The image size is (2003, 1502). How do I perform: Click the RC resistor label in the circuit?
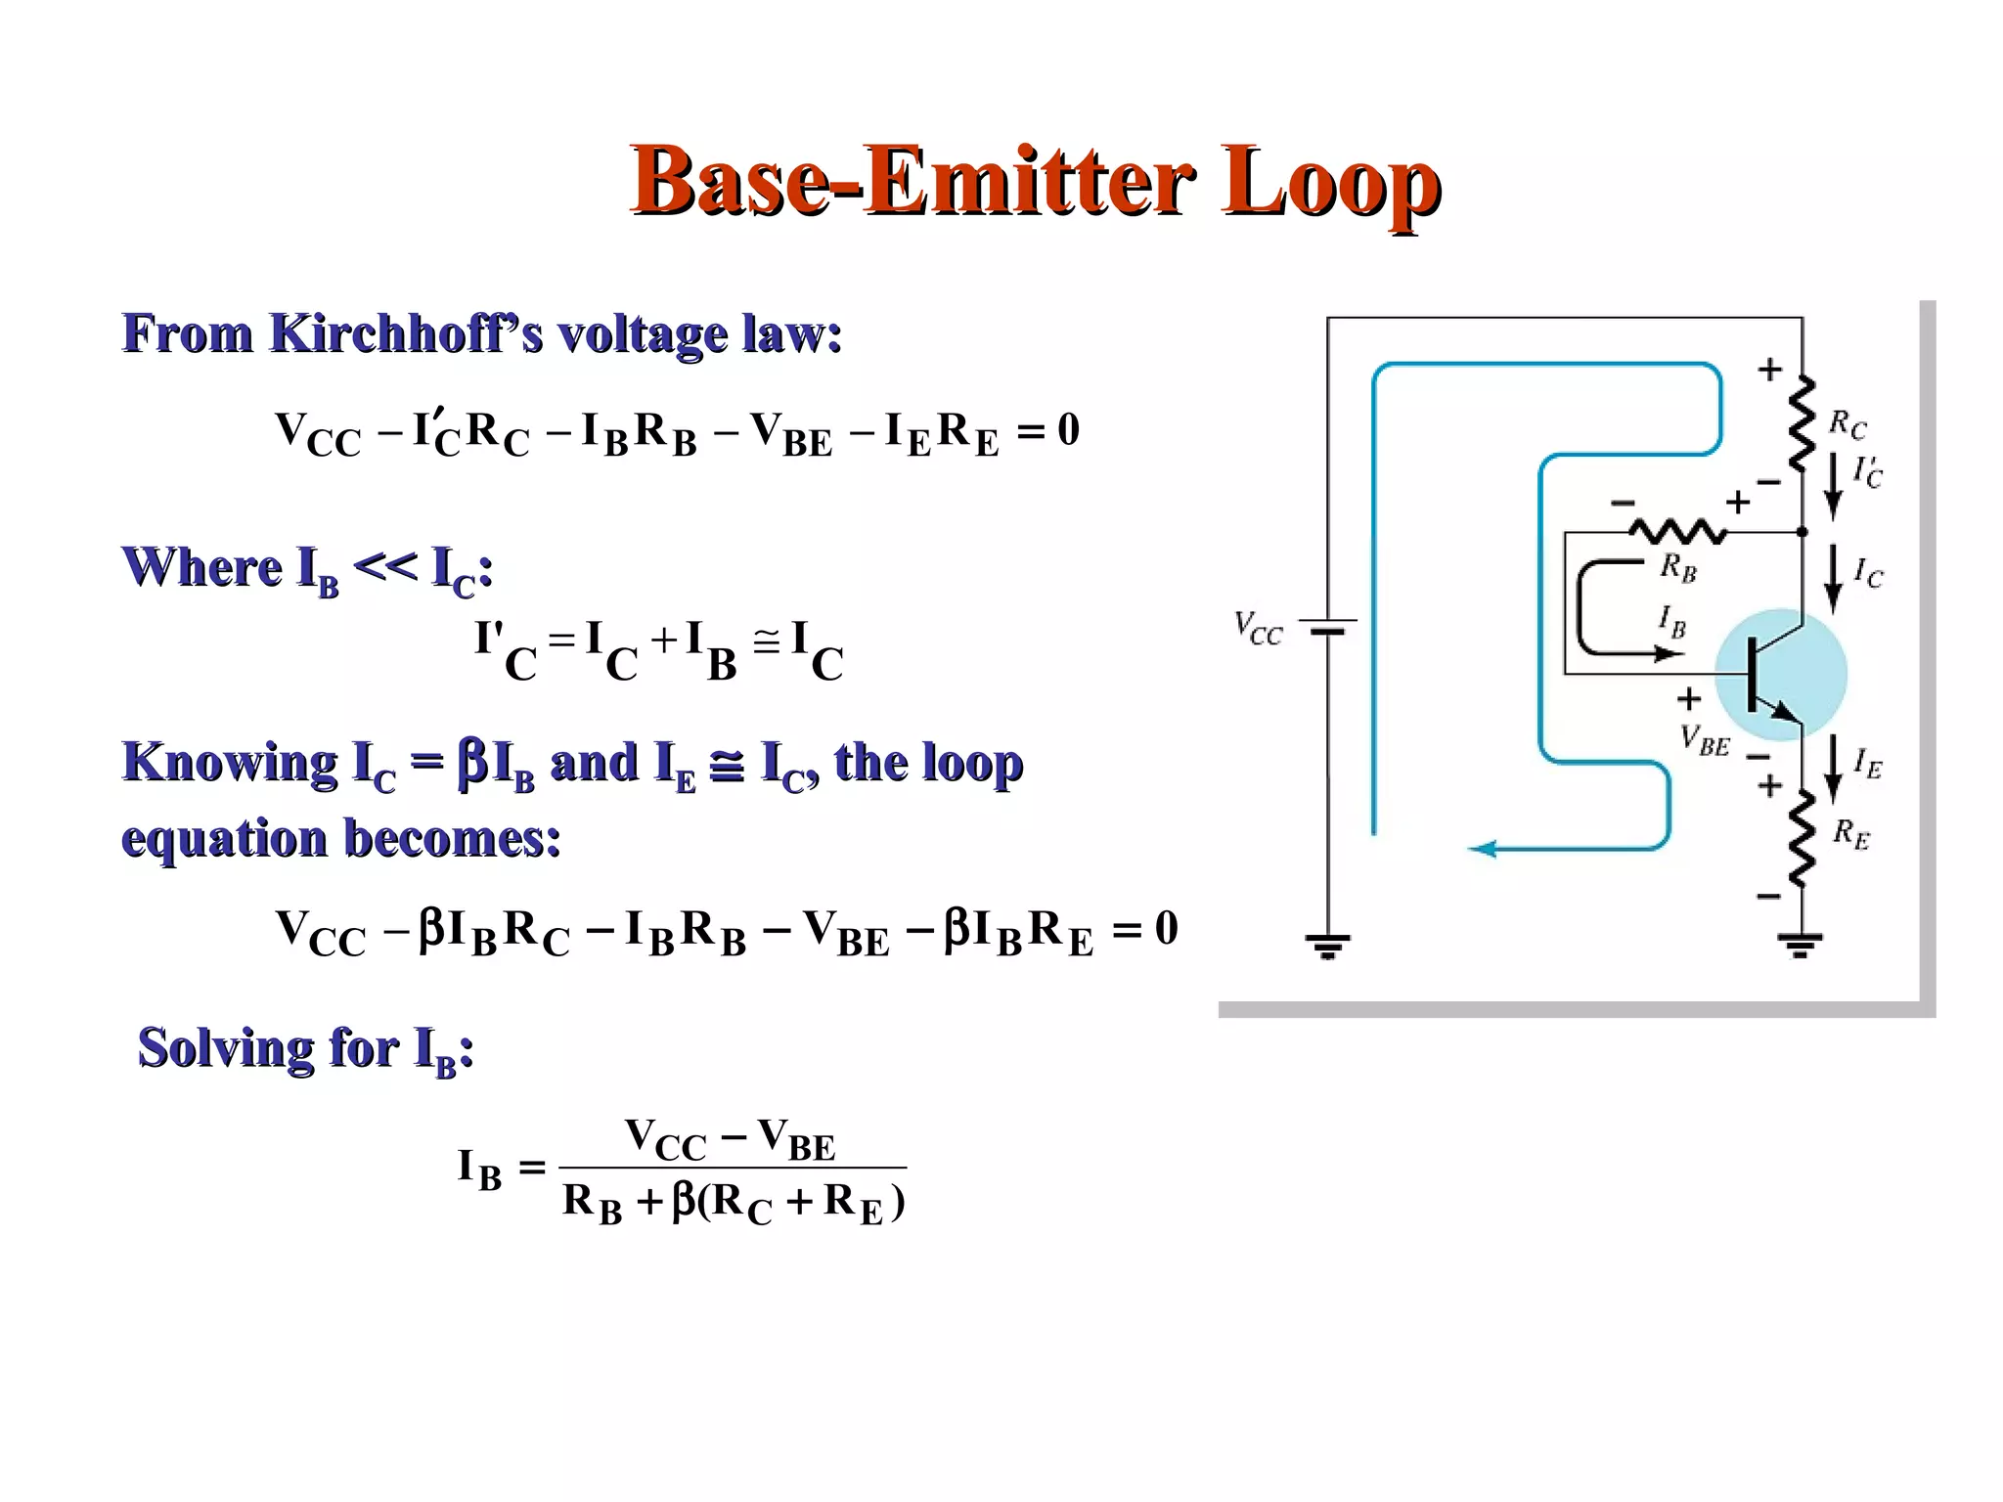click(1847, 425)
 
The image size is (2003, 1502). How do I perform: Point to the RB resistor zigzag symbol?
click(1677, 532)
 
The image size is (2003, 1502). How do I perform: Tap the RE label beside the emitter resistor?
click(1850, 834)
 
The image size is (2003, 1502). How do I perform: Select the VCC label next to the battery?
click(1258, 628)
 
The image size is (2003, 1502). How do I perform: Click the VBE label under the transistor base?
click(1705, 741)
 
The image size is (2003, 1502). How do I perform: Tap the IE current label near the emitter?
click(1867, 763)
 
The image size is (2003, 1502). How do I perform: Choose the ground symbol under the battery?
click(1327, 946)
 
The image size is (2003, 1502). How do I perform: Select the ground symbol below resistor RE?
click(1801, 946)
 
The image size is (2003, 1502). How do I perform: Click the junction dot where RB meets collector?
click(1803, 532)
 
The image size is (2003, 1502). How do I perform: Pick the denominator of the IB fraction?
click(734, 1203)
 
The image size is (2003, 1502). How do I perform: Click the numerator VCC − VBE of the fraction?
click(731, 1140)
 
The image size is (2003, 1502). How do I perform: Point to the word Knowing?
click(230, 763)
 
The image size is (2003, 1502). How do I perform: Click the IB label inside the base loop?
click(1671, 621)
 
